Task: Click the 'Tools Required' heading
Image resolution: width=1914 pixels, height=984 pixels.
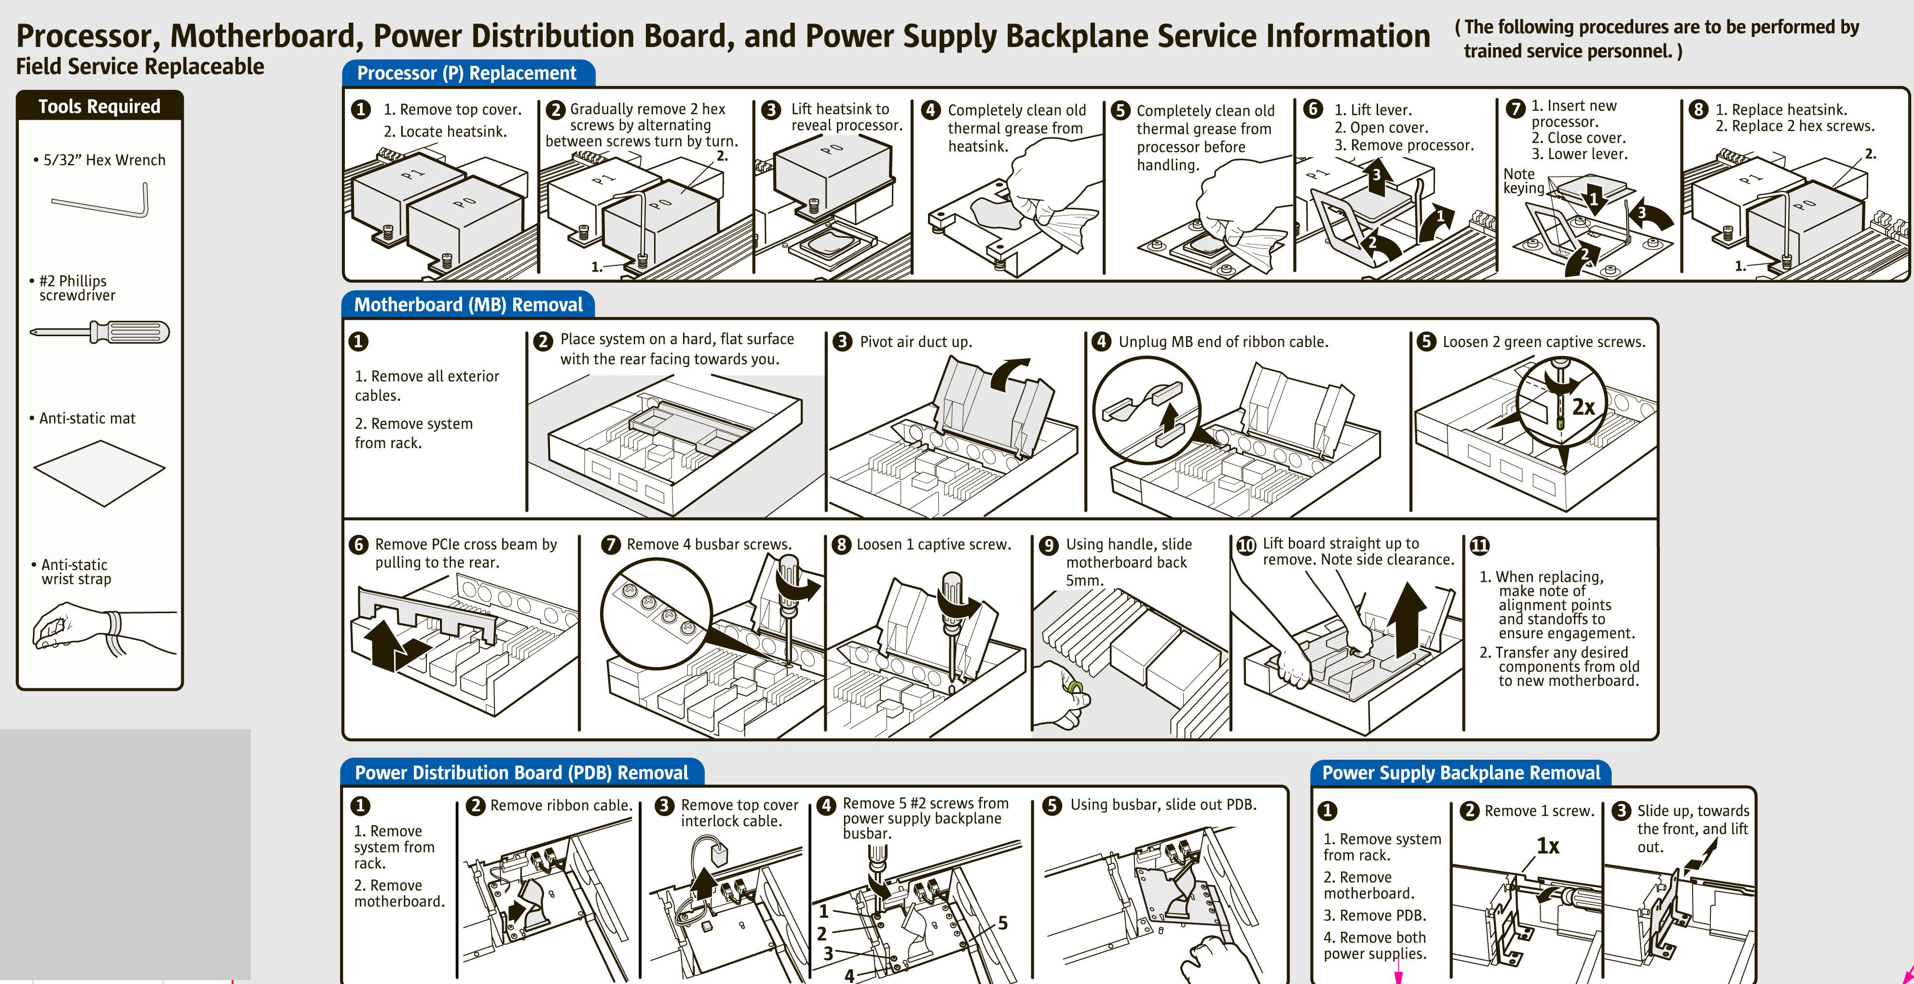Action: pos(99,106)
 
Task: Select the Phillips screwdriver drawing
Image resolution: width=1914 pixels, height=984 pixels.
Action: pos(100,331)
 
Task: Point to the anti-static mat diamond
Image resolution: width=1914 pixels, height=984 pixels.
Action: pos(99,473)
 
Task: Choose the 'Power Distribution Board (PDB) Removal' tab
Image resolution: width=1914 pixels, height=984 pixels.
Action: pos(521,773)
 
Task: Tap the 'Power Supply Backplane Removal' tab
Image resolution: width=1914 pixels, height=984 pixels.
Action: pos(1461,773)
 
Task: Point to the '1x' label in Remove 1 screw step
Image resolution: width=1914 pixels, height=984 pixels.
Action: pos(1548,846)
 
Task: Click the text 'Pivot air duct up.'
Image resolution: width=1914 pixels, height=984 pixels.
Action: pos(916,342)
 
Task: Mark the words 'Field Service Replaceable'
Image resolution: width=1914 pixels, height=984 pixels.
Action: pos(140,67)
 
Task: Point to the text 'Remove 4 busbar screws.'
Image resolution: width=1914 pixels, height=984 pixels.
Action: pos(709,544)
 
